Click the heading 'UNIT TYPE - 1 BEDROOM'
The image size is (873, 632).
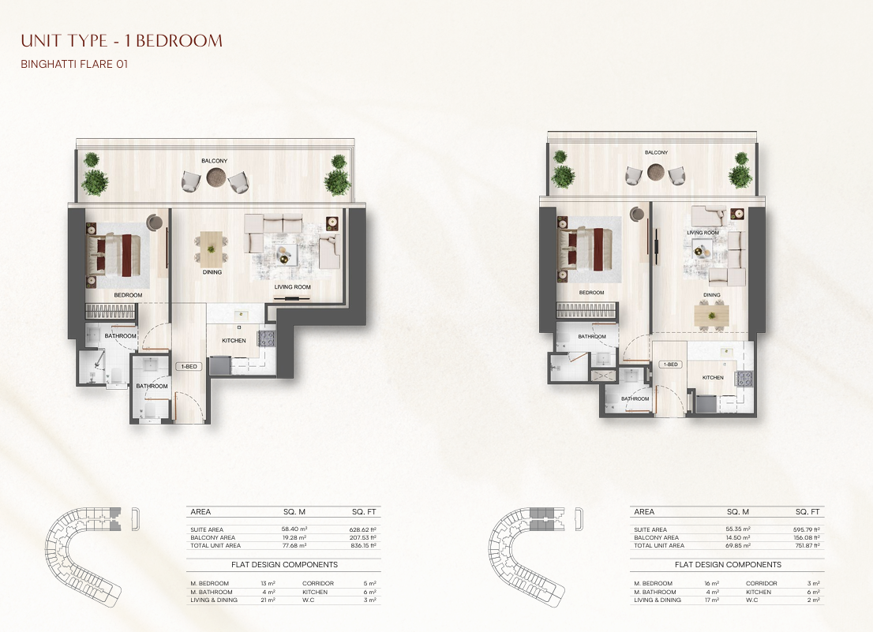122,40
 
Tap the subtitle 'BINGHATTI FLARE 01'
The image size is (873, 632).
74,64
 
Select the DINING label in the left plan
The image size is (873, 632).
212,272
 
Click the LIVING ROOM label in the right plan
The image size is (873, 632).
703,233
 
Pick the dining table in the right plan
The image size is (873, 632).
712,315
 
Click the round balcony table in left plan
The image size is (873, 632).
215,178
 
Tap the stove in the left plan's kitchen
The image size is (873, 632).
266,338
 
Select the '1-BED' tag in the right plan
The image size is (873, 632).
670,365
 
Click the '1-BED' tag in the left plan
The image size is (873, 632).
188,367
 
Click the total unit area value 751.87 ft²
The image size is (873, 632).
807,546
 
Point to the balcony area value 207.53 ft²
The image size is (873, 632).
363,538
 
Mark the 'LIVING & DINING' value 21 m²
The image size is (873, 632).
268,600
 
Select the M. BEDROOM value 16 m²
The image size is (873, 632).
711,584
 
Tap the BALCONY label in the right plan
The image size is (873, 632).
657,151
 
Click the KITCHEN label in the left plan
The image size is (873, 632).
234,341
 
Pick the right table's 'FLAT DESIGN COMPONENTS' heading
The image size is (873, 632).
729,565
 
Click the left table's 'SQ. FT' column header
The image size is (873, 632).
364,512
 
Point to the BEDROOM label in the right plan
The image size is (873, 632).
591,292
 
